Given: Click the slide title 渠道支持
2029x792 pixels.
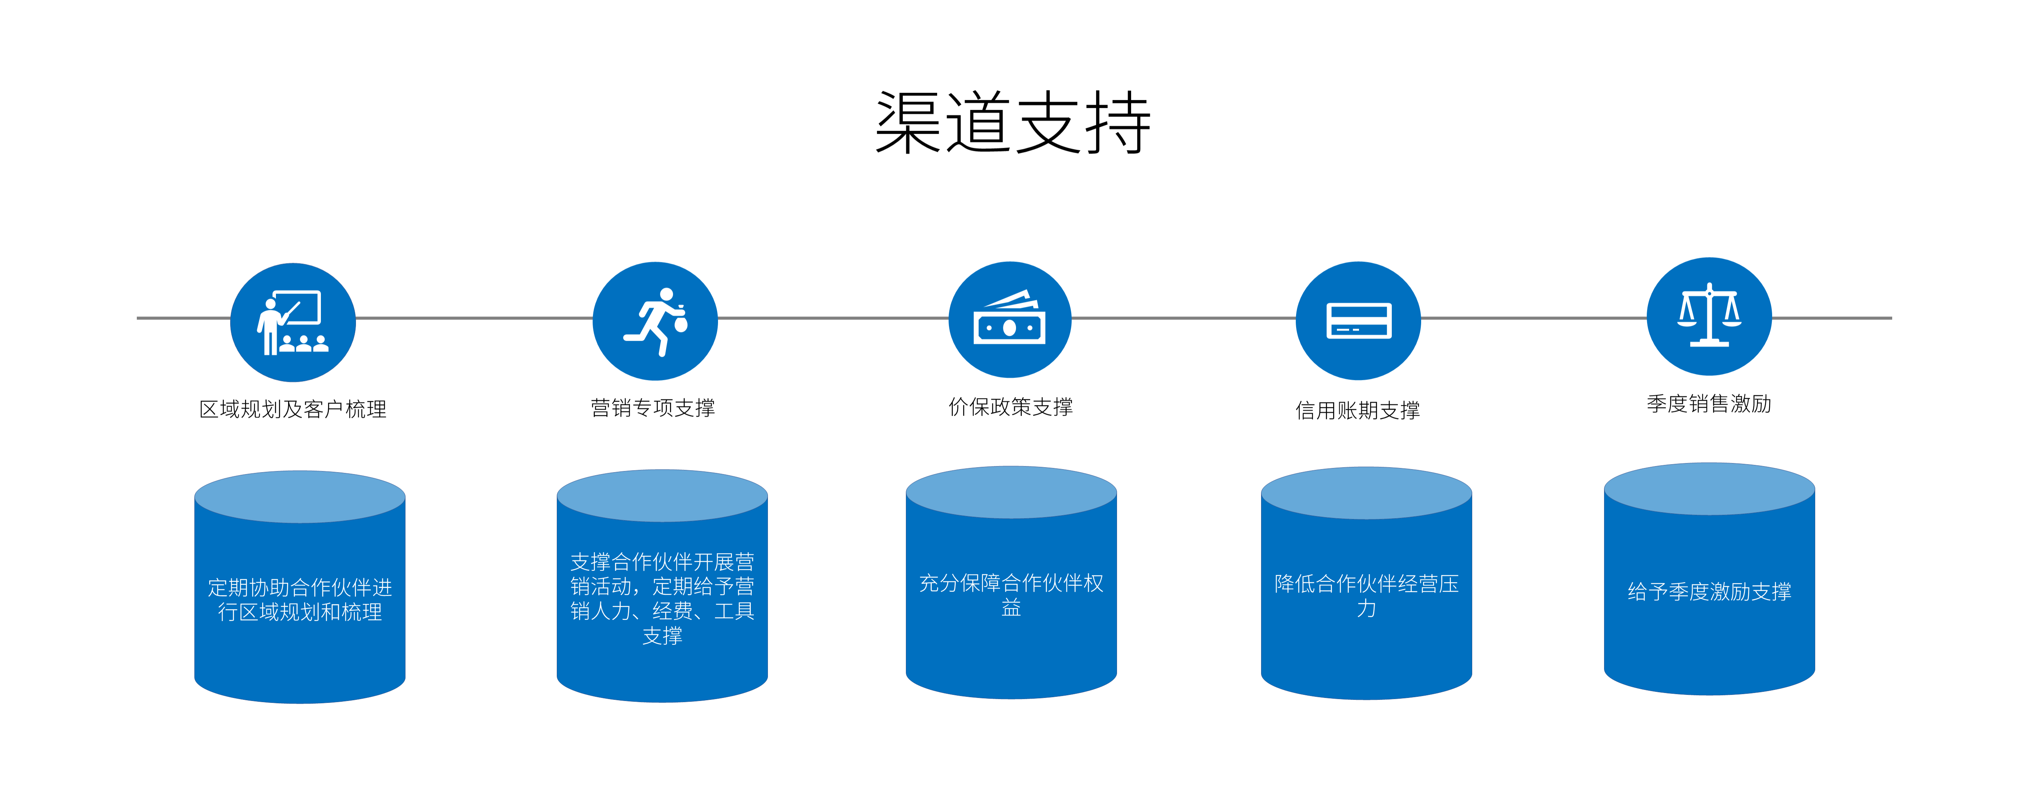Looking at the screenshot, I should click(1013, 123).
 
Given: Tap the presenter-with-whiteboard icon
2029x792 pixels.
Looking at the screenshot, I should click(292, 323).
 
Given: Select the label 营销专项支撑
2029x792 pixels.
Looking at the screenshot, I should click(653, 408).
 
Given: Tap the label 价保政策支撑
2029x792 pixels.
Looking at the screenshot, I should click(1011, 407).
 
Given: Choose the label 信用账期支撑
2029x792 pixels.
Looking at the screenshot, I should click(1358, 410).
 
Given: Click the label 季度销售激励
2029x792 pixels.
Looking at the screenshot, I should click(1708, 404).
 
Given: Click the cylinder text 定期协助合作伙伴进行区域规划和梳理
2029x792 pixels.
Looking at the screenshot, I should click(300, 600).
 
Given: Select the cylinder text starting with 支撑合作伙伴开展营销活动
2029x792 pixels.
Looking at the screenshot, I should click(662, 598).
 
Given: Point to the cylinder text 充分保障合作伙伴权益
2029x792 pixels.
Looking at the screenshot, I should click(1011, 594).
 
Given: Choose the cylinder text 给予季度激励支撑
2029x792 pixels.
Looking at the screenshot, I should click(1709, 591).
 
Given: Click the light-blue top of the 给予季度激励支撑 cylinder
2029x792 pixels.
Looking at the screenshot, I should click(1709, 488).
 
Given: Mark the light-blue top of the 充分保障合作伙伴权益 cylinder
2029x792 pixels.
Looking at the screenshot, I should click(1011, 492).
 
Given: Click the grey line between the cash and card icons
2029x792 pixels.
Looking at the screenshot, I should click(1183, 318).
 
